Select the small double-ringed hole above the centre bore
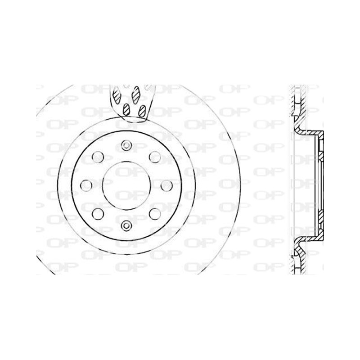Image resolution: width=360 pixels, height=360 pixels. pyautogui.click(x=126, y=145)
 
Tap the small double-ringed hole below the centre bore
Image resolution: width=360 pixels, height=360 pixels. pyautogui.click(x=126, y=226)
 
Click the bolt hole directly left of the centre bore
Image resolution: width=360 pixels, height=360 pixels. pyautogui.click(x=86, y=185)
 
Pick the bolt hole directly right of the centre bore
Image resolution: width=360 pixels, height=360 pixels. pyautogui.click(x=166, y=185)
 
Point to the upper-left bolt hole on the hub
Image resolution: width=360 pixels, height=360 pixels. pyautogui.click(x=98, y=157)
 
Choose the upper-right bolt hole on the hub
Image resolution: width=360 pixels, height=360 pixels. pyautogui.click(x=155, y=157)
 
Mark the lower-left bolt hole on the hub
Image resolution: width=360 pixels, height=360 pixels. pyautogui.click(x=98, y=214)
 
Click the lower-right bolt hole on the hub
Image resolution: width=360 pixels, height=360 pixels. pyautogui.click(x=155, y=214)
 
